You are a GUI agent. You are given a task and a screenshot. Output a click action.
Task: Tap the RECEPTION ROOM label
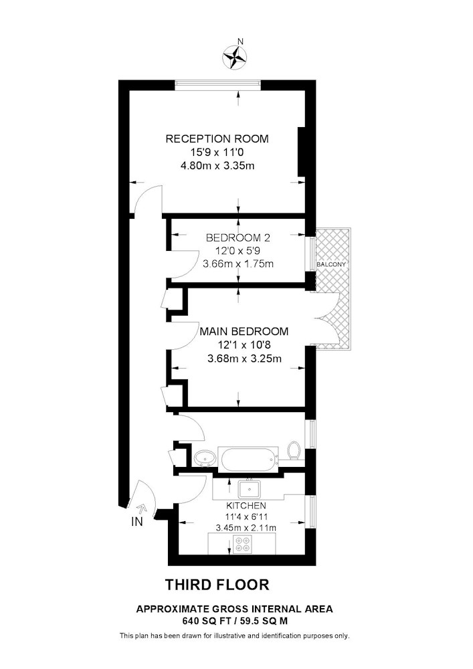pos(217,138)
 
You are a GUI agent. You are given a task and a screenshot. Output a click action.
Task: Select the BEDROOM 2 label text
pos(238,237)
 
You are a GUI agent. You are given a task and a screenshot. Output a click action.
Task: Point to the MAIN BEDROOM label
pos(244,331)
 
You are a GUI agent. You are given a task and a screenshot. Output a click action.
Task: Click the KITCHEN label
pos(246,506)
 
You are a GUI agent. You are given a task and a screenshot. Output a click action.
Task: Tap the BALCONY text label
pos(331,264)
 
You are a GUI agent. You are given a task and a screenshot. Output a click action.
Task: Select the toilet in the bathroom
pos(294,450)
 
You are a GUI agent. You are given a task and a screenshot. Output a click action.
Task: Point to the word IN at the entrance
pos(137,521)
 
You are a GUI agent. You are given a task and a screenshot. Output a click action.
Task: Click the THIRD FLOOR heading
pos(217,585)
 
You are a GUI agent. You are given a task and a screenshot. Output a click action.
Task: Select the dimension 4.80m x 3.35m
pos(217,165)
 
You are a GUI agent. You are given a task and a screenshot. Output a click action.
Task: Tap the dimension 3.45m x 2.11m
pos(246,528)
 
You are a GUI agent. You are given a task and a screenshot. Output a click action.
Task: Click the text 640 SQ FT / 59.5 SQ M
pos(235,622)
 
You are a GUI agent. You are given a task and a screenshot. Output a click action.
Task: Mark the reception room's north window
pos(218,85)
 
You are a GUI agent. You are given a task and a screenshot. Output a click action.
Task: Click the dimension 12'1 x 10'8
pos(244,345)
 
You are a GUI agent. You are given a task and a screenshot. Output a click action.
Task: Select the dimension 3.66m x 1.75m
pos(238,264)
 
